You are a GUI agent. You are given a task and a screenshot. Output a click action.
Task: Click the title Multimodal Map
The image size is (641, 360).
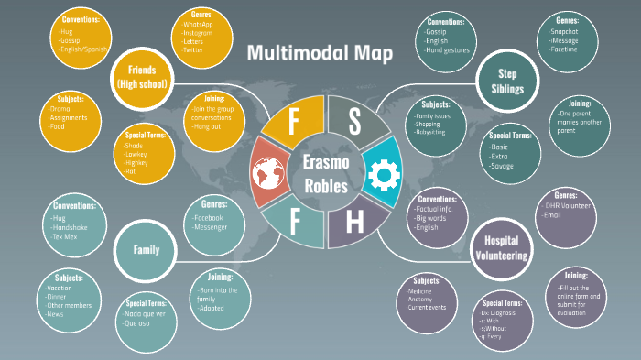(320, 53)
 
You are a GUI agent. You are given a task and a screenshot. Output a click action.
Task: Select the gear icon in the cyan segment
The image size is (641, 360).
(380, 171)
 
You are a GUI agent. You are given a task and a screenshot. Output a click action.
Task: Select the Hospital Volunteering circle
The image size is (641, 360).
(500, 249)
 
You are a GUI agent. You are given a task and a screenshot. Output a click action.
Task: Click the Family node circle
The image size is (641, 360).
(146, 248)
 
